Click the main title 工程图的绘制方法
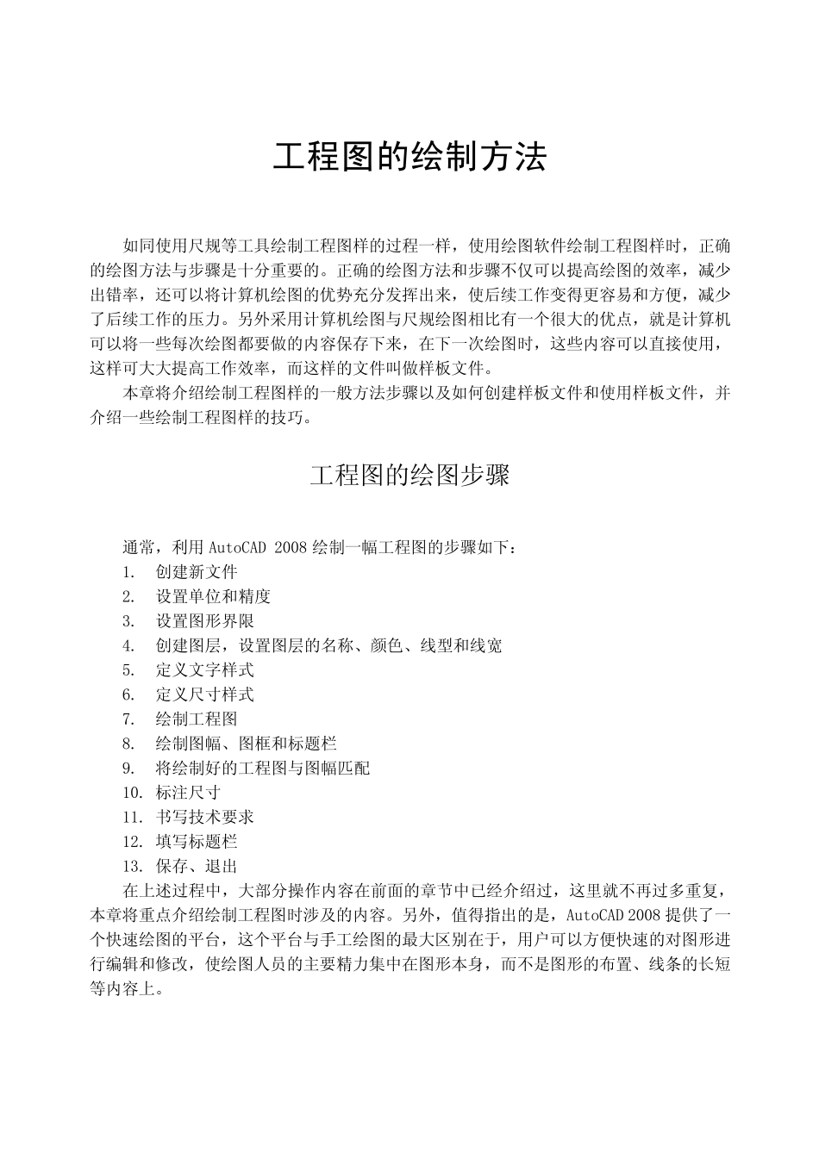pyautogui.click(x=409, y=158)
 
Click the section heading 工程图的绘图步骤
pyautogui.click(x=409, y=475)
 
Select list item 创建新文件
pyautogui.click(x=197, y=572)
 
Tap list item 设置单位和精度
pyautogui.click(x=213, y=596)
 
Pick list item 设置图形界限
pyautogui.click(x=204, y=621)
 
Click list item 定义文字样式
pyautogui.click(x=204, y=669)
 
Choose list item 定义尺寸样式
pyautogui.click(x=204, y=694)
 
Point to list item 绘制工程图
pyautogui.click(x=197, y=719)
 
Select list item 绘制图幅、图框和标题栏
pyautogui.click(x=246, y=743)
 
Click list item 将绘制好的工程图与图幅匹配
pyautogui.click(x=262, y=768)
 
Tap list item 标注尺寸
pyautogui.click(x=188, y=792)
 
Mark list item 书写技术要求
pyautogui.click(x=204, y=817)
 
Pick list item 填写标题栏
pyautogui.click(x=197, y=841)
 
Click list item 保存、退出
pyautogui.click(x=197, y=866)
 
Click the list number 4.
pyautogui.click(x=128, y=645)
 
